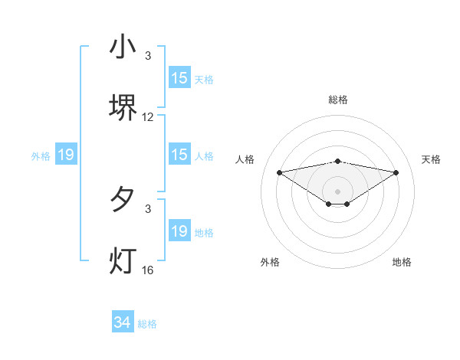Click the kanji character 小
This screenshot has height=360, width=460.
coord(123,47)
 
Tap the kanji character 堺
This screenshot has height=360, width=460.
coord(123,108)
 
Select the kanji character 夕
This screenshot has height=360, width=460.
coord(123,201)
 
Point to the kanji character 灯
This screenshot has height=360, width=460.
coord(123,261)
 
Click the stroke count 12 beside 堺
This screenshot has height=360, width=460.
coord(148,117)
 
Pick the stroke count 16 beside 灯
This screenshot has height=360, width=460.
coord(148,270)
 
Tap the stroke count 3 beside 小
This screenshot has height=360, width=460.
coord(148,56)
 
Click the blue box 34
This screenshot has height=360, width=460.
coord(123,323)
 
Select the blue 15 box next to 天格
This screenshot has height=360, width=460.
coord(179,78)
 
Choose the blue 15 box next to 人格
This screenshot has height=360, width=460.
coord(179,155)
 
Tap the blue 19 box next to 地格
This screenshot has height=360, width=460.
coord(179,231)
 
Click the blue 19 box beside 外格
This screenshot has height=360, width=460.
coord(65,155)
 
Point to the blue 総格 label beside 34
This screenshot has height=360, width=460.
coord(147,324)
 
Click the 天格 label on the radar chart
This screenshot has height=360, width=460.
coord(432,159)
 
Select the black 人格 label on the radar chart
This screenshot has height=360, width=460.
coord(245,159)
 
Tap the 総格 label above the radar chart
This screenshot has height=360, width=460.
coord(338,100)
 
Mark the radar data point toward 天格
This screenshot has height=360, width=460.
coord(396,172)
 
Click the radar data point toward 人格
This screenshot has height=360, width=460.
coord(280,172)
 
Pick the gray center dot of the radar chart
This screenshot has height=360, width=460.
coord(338,191)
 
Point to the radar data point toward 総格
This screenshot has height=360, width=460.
coord(338,161)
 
